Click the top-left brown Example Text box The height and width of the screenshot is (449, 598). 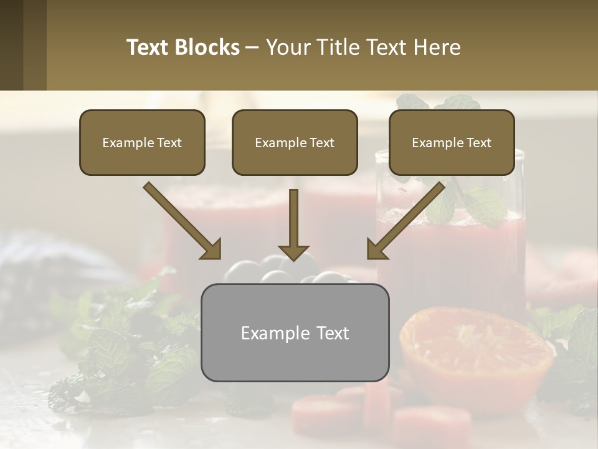click(142, 143)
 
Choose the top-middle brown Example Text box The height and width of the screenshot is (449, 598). click(295, 143)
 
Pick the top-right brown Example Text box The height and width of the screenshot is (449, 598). click(452, 143)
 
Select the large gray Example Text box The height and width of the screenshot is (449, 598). click(295, 333)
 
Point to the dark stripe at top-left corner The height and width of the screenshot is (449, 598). click(11, 45)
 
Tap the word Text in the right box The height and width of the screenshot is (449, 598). click(478, 143)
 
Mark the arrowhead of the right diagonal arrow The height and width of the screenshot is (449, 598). click(377, 249)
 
